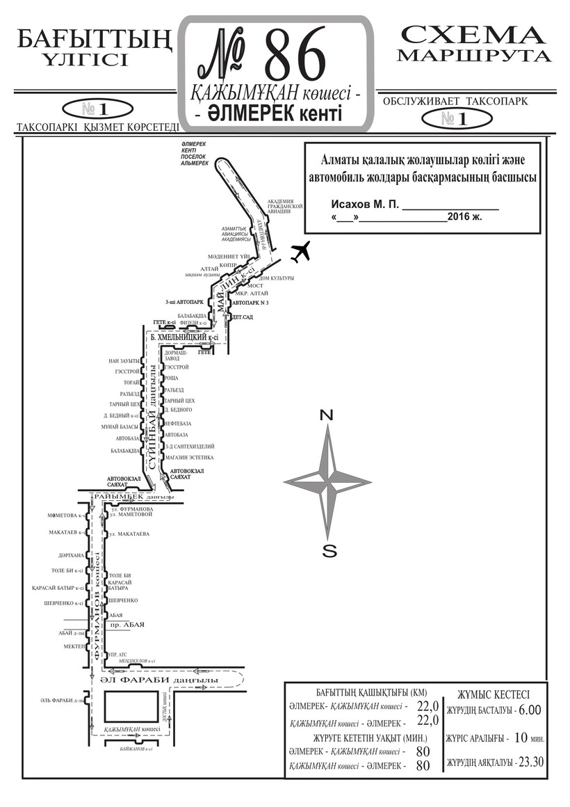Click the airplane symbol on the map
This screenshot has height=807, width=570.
coord(300,252)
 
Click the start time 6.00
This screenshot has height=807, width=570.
coord(530,710)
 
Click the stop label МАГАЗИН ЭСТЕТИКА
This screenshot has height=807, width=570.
coord(189,457)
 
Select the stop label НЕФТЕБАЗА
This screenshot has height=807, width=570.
coord(177,423)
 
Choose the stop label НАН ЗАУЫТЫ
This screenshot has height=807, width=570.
coord(124,360)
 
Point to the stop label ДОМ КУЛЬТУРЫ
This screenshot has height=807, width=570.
coord(276,278)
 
